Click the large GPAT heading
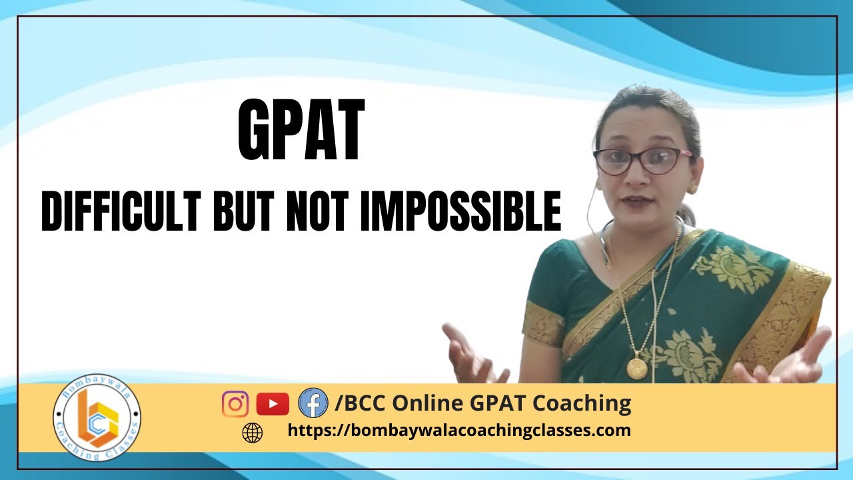tap(301, 130)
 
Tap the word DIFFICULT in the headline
tap(121, 211)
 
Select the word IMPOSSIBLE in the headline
tap(460, 211)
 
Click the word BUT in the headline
tap(242, 211)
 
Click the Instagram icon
tap(235, 404)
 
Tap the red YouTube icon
tap(273, 404)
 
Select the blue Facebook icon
tap(313, 403)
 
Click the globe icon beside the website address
tap(253, 433)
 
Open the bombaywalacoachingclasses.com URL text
tap(459, 431)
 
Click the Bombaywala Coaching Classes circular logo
tap(97, 417)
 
